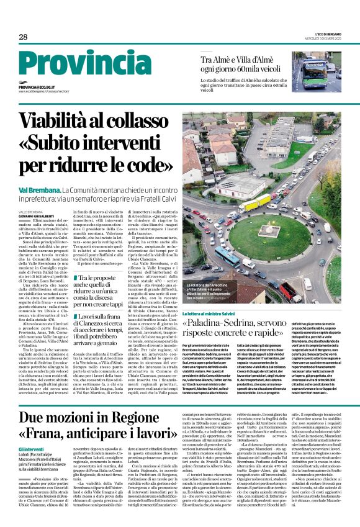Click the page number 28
pyautogui.click(x=23, y=37)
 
